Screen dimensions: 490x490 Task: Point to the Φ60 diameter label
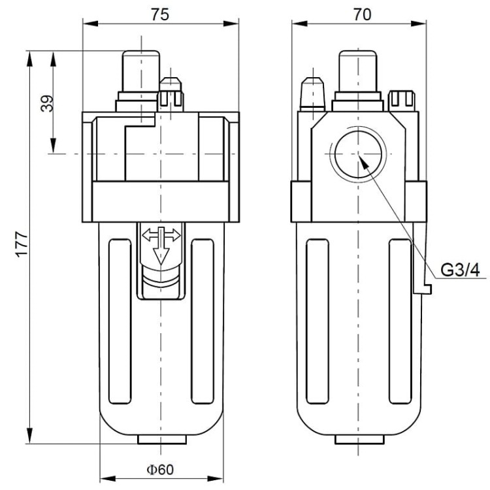[x=160, y=469]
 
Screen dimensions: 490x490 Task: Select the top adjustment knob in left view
[x=140, y=73]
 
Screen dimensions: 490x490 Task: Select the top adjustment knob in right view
[x=357, y=73]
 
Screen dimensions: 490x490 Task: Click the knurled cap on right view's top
[x=401, y=99]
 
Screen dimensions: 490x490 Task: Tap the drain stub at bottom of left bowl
[x=161, y=440]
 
